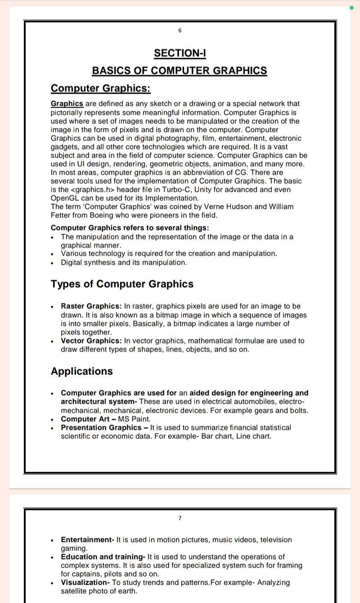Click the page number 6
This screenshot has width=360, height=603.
(180, 31)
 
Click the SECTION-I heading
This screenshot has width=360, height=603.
(180, 53)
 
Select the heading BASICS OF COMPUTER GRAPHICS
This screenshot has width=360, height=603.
(180, 71)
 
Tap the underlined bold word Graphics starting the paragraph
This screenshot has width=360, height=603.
(67, 103)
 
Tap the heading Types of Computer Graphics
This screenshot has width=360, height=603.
(122, 284)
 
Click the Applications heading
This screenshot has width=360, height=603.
(82, 371)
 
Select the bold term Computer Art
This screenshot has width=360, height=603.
(85, 419)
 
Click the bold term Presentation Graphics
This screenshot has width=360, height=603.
(101, 427)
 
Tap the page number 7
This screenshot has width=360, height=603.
(180, 518)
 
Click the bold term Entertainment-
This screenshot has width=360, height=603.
(88, 540)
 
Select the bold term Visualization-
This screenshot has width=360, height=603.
(85, 582)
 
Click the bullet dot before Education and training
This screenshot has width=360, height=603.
(53, 557)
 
